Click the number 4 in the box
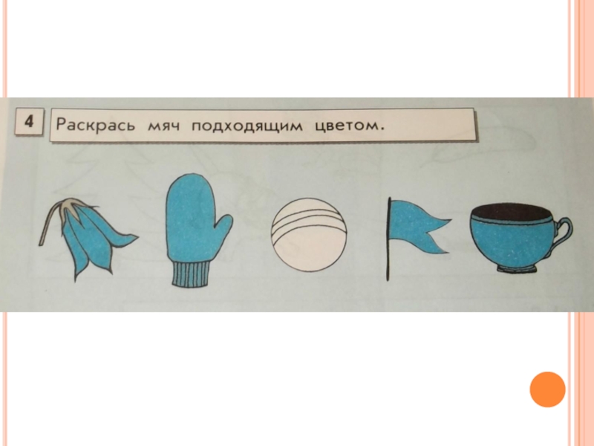(x=29, y=121)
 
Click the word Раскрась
(x=95, y=124)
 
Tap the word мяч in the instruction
(x=163, y=125)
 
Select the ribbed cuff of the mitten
(x=192, y=274)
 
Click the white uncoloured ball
(x=309, y=235)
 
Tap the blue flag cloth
(x=417, y=228)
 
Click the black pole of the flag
(x=388, y=239)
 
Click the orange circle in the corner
(x=547, y=389)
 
